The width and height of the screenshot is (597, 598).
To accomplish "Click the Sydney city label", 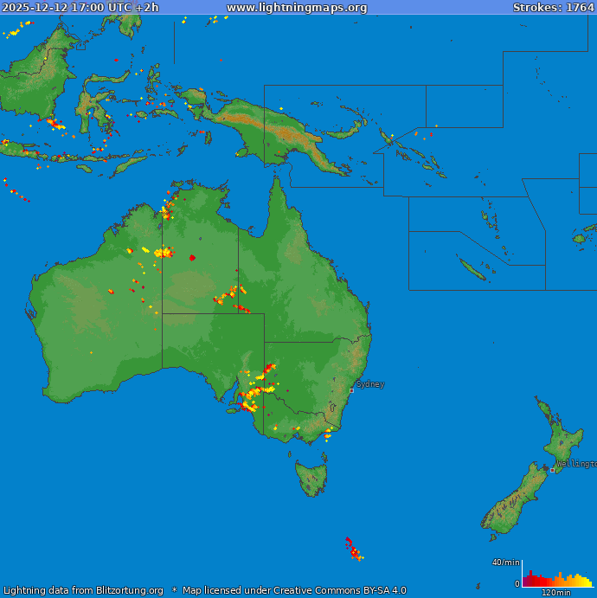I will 370,384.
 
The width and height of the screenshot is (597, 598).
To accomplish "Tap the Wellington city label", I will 575,464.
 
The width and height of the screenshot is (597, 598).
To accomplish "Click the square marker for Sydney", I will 351,390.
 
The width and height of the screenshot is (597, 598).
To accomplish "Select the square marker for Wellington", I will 553,470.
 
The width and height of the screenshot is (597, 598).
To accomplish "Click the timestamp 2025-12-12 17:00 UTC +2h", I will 80,7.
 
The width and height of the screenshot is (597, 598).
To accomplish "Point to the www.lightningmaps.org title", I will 297,7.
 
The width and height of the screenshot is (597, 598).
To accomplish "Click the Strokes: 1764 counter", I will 553,7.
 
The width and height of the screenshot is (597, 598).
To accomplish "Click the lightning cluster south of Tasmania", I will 353,549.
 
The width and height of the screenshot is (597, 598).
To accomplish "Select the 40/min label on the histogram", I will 506,563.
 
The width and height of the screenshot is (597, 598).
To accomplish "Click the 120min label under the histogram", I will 555,593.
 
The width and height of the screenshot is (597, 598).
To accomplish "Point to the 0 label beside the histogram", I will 517,584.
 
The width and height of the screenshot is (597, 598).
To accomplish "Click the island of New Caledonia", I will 472,269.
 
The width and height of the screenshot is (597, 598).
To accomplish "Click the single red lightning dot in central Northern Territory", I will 192,257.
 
